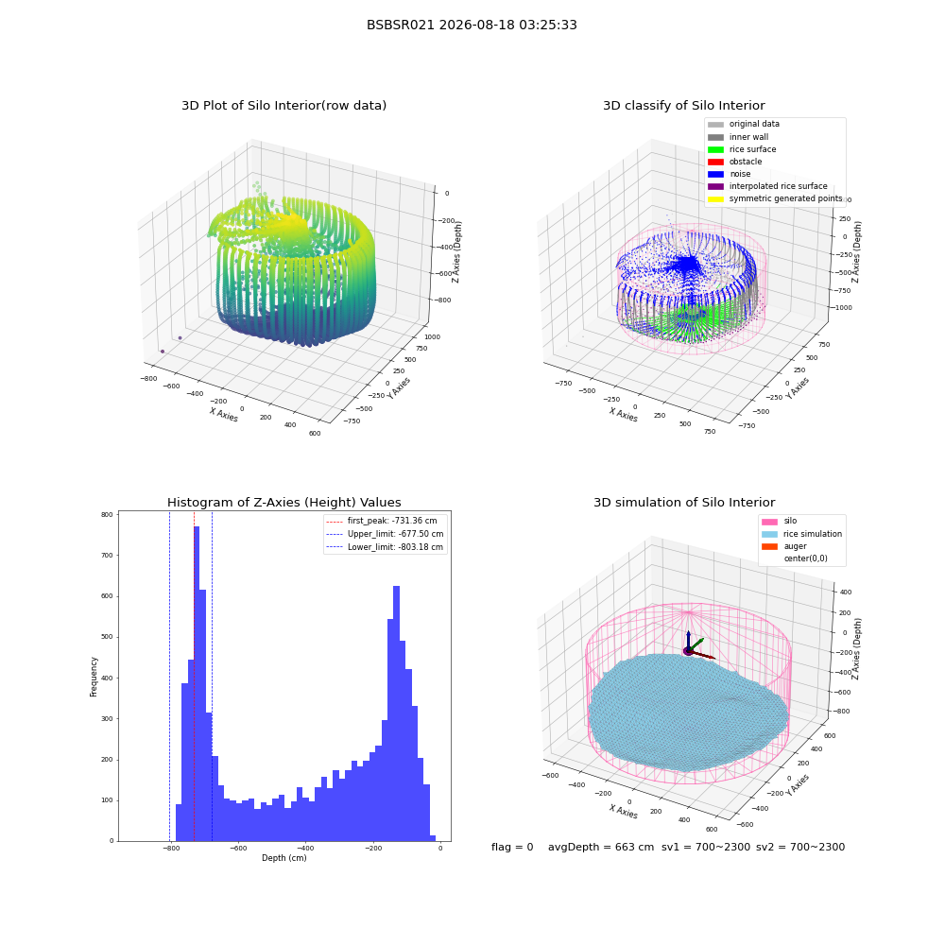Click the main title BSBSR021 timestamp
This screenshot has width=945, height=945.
[472, 25]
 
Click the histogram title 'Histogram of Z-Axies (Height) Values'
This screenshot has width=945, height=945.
[283, 502]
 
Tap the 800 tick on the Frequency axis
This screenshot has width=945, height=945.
[107, 515]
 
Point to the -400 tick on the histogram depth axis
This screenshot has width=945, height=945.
[305, 848]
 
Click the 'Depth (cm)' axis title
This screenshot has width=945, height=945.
[283, 858]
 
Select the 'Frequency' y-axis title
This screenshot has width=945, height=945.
[94, 677]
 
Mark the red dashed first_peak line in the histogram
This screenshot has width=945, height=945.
[194, 677]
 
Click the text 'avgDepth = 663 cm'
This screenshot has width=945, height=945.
[601, 847]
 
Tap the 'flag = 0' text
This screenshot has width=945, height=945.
[512, 847]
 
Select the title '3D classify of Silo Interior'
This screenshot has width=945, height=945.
[684, 106]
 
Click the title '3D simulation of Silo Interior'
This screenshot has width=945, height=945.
[684, 502]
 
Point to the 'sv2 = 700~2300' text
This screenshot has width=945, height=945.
[800, 847]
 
